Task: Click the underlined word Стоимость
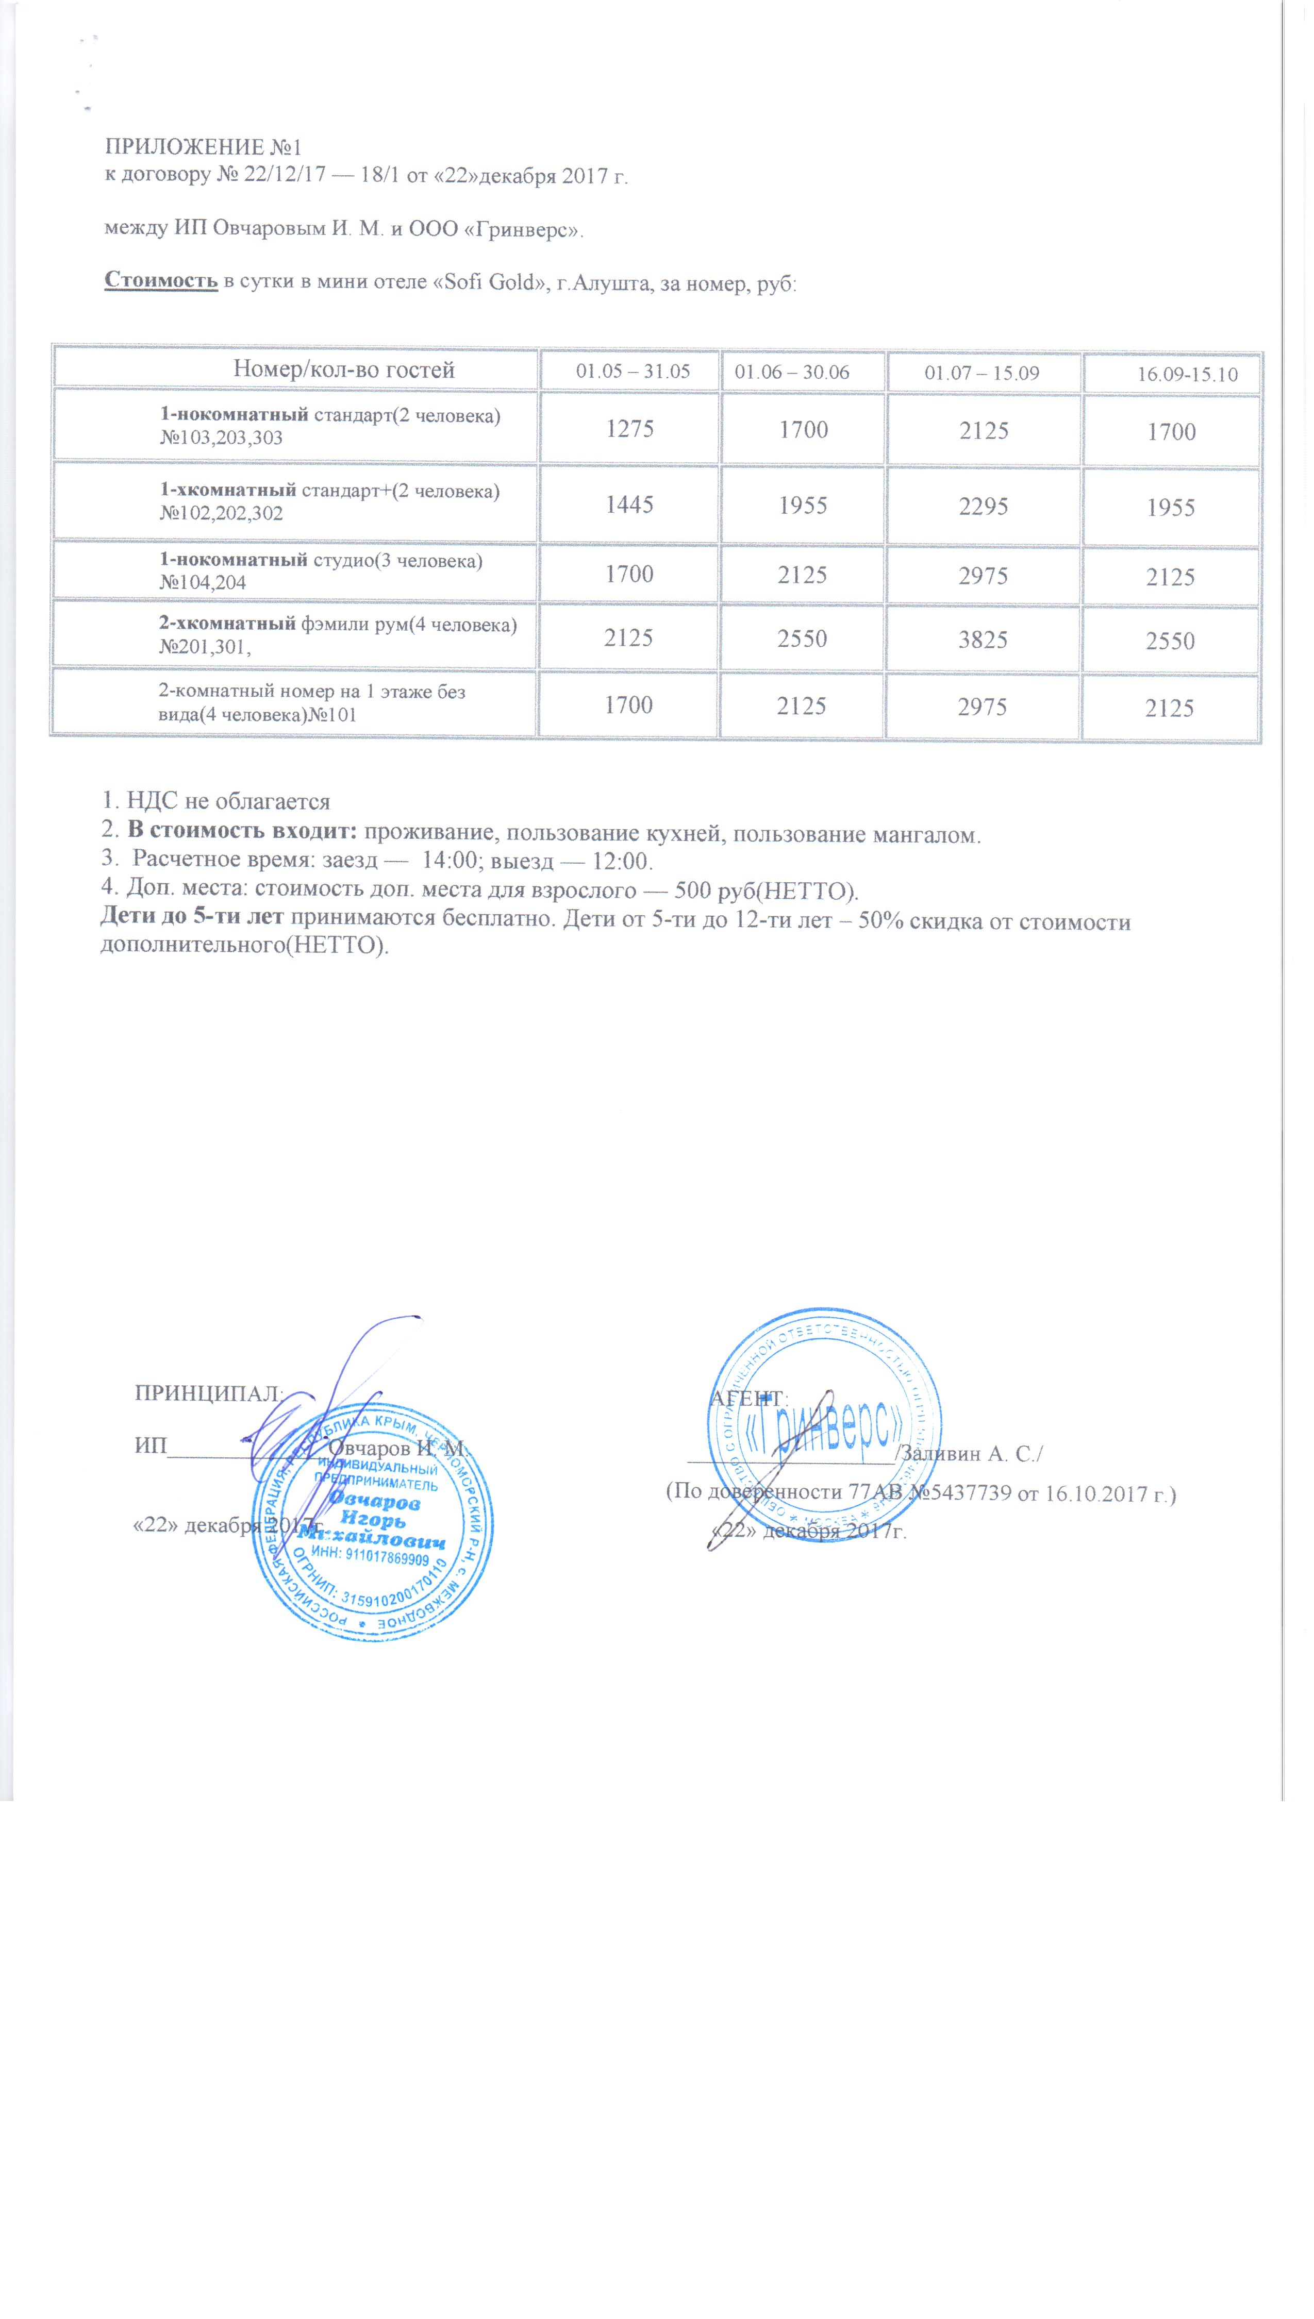click(161, 280)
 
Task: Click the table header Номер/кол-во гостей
click(344, 369)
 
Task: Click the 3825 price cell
click(983, 640)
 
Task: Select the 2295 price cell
click(983, 506)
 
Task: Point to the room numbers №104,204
click(203, 583)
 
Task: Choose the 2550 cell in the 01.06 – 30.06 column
click(802, 638)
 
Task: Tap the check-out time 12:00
click(621, 861)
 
